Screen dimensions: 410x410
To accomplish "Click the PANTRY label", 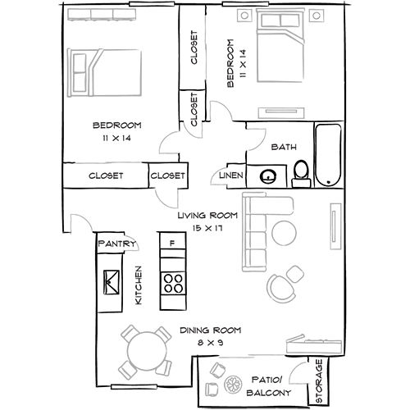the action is click(116, 244).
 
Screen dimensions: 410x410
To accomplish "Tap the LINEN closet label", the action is click(231, 175).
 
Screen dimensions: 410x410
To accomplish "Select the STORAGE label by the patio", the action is click(319, 380).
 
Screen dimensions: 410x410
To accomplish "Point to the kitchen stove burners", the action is click(173, 284).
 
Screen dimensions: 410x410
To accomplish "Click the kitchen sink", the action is click(112, 282).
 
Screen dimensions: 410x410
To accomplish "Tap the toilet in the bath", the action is click(301, 174).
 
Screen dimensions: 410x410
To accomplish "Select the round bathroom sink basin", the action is click(267, 176).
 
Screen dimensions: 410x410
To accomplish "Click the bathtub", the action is click(328, 155).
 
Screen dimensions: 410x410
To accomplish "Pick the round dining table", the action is click(147, 351).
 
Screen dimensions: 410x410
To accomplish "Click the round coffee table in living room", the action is click(284, 233).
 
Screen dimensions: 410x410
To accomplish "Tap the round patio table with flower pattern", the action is click(233, 385).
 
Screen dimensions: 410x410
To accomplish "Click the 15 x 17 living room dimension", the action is click(207, 228).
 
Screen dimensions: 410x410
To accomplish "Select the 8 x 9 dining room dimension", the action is click(210, 343).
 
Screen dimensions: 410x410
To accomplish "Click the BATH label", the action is click(284, 147).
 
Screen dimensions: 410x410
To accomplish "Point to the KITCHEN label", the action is click(139, 285).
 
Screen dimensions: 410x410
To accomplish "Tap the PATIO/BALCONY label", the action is click(268, 386).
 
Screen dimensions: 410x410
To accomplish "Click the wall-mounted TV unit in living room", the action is click(335, 226).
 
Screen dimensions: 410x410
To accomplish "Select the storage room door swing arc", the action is click(297, 367).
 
